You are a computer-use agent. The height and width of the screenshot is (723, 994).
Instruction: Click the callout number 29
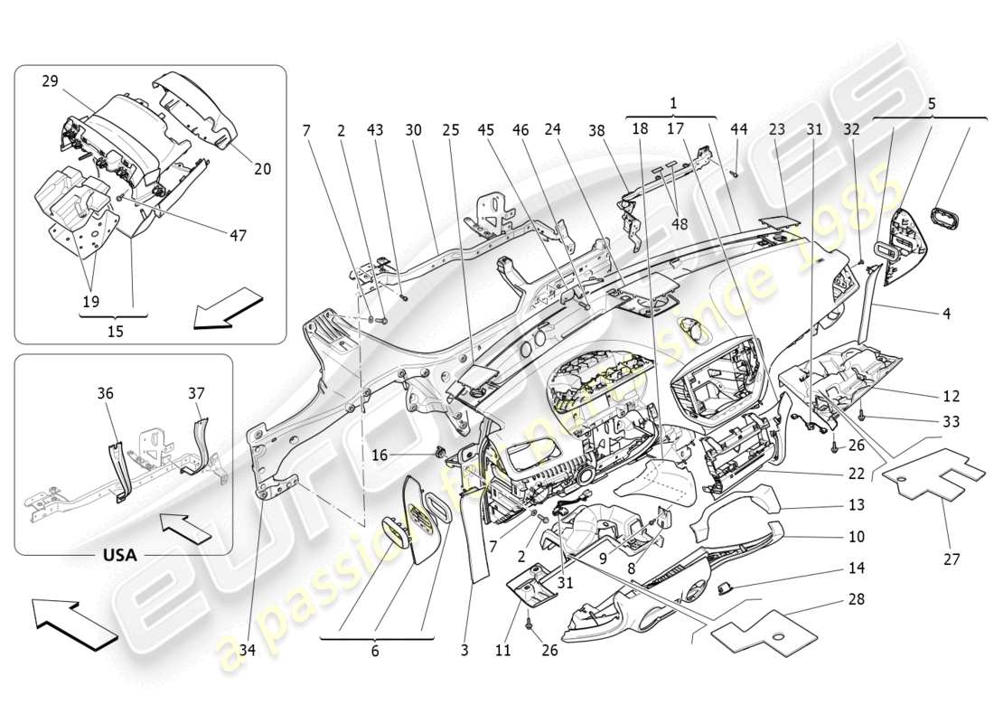(x=49, y=81)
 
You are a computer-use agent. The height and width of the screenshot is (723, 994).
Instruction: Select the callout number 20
(x=262, y=169)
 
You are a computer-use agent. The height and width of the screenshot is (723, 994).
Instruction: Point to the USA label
(x=118, y=555)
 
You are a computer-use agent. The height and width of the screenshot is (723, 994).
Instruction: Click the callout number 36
(x=106, y=393)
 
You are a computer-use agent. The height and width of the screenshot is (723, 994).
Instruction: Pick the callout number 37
(x=196, y=393)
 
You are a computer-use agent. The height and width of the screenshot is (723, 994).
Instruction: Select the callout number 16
(x=380, y=455)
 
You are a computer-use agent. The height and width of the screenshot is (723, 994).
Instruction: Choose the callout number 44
(x=738, y=129)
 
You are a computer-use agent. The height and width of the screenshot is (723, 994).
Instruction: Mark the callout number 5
(x=930, y=103)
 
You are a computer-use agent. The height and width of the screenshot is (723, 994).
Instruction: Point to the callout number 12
(x=952, y=396)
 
